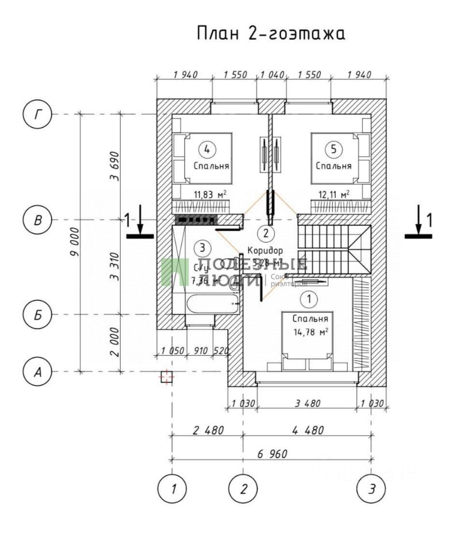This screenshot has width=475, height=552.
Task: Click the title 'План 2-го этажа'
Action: (x=271, y=33)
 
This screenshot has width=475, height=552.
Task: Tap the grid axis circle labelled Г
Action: (x=37, y=114)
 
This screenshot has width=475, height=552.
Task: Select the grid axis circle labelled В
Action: (x=37, y=220)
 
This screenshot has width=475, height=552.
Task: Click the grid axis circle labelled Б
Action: (x=37, y=315)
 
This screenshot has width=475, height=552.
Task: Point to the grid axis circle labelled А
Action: (x=37, y=372)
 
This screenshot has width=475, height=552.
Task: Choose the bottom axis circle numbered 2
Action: (x=243, y=489)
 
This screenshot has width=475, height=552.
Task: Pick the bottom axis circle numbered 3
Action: (x=371, y=489)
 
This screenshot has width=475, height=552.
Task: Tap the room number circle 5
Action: (x=333, y=149)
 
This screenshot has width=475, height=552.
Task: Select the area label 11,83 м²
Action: (x=209, y=194)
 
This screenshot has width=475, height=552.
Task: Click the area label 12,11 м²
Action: (x=333, y=194)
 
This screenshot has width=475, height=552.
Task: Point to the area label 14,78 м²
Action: (x=311, y=331)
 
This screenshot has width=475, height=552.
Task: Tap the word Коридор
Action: (x=265, y=251)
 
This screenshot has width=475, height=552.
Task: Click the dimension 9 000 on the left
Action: (x=74, y=242)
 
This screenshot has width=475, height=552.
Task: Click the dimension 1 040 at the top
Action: (x=272, y=75)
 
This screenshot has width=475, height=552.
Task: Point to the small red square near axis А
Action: (x=166, y=377)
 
